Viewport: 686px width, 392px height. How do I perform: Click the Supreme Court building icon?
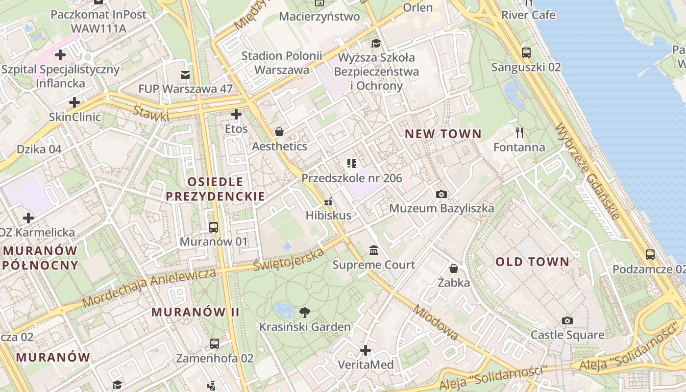click(x=374, y=250)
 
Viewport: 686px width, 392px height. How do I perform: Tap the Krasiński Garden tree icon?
click(x=305, y=312)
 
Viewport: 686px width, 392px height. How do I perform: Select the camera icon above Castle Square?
click(x=567, y=320)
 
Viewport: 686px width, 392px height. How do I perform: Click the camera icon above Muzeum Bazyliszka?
click(x=441, y=194)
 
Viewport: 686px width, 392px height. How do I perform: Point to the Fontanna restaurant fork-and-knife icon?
click(x=519, y=132)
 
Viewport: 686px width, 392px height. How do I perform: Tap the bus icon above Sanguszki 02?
click(x=526, y=52)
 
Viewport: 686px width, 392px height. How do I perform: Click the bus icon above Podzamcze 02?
click(x=650, y=254)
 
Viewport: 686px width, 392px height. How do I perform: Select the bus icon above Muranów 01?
click(x=213, y=227)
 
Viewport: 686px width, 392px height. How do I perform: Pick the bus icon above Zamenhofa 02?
click(x=215, y=343)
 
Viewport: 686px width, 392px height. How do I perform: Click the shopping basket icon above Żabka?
click(x=454, y=268)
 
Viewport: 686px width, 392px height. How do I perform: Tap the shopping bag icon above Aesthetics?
click(x=279, y=131)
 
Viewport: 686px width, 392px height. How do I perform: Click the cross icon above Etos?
click(x=236, y=114)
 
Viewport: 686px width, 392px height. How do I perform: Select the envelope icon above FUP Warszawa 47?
click(x=185, y=74)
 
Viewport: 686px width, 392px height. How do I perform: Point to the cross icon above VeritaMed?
click(x=366, y=350)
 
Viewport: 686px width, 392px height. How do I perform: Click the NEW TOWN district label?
click(x=443, y=134)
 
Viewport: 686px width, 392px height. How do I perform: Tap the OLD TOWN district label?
click(x=532, y=262)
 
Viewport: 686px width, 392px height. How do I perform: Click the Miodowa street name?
click(x=435, y=322)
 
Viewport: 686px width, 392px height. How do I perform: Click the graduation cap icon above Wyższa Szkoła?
click(x=376, y=43)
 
